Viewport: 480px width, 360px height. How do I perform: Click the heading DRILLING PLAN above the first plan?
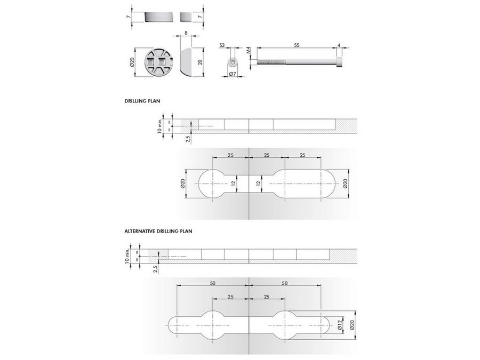click(142, 101)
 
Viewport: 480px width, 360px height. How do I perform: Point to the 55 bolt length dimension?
click(297, 45)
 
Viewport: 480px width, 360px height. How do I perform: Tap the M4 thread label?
click(249, 50)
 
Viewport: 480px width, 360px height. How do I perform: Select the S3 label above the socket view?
click(222, 45)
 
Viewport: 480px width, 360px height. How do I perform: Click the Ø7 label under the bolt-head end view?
click(233, 74)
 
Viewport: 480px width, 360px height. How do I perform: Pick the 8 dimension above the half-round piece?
click(186, 33)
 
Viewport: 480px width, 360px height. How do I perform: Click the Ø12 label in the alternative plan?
click(339, 325)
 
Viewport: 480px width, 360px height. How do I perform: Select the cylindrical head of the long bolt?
click(339, 62)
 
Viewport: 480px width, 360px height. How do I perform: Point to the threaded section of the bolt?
click(271, 62)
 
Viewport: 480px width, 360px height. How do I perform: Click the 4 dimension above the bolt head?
click(339, 45)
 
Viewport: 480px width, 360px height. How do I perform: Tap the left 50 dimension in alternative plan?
click(212, 283)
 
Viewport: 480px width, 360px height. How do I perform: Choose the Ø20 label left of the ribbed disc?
click(132, 62)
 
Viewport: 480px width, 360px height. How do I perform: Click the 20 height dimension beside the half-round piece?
click(200, 62)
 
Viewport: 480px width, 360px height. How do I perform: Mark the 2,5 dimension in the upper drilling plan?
click(188, 139)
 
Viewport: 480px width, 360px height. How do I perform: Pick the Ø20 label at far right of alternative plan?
click(352, 325)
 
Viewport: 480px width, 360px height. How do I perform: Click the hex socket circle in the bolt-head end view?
click(233, 62)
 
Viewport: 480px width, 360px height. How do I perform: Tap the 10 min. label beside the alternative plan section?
click(127, 257)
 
